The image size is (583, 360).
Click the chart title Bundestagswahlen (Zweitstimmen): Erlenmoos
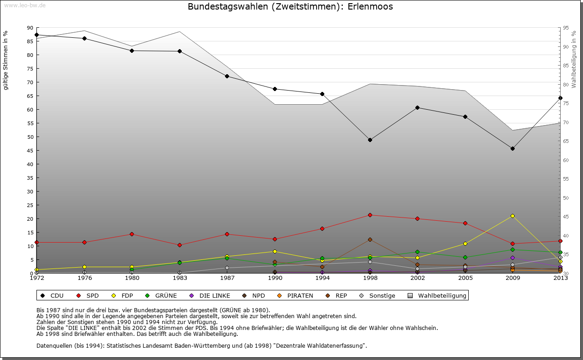coord(290,7)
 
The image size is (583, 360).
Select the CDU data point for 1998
coord(370,140)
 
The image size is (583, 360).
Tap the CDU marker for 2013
coord(560,98)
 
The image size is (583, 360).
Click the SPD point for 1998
coord(370,215)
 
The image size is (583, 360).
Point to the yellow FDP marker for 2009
coord(512,216)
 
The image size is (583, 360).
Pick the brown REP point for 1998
coord(370,239)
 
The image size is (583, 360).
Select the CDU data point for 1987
coord(227,76)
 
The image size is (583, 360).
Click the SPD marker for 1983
coord(179,245)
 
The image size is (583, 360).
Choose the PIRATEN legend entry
coord(296,296)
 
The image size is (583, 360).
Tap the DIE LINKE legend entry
coord(210,296)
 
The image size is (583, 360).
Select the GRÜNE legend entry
coord(161,296)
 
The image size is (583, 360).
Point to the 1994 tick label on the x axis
coord(322,278)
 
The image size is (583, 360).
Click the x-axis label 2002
coord(418,278)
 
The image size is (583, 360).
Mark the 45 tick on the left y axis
coord(30,151)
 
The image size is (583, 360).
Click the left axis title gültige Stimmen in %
coord(6,61)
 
